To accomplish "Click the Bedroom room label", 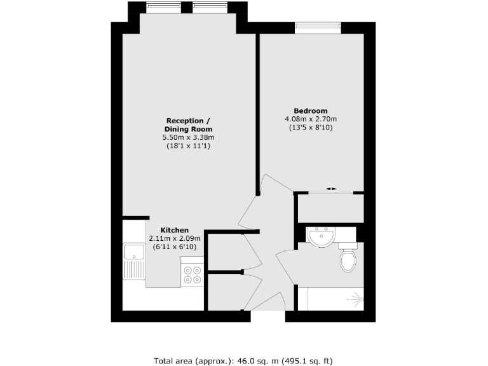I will tap(311, 111).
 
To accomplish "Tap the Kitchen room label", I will tap(174, 230).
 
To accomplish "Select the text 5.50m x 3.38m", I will tap(188, 138).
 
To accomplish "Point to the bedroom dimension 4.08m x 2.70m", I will tap(311, 119).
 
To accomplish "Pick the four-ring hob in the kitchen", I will tap(193, 274).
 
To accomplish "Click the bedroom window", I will tap(318, 27).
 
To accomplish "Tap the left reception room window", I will tap(156, 7).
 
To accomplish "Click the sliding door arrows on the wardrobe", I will tap(330, 189).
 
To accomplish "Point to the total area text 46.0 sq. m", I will tap(237, 360).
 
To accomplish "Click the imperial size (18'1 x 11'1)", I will tap(188, 146).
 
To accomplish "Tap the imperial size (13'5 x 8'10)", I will tap(311, 128).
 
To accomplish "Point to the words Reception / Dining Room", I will tap(188, 125).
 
